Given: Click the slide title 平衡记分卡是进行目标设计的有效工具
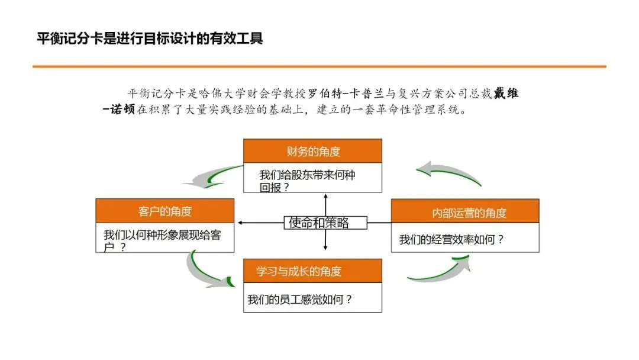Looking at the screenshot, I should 149,39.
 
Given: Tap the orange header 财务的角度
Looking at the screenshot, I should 313,152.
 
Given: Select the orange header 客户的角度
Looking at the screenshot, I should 165,211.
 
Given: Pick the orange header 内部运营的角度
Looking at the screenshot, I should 465,212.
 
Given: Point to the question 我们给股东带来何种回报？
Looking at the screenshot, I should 307,181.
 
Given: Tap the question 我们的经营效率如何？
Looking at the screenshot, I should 451,239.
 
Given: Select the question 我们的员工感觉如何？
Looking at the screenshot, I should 299,299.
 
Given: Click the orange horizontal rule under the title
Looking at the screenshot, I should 319,66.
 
